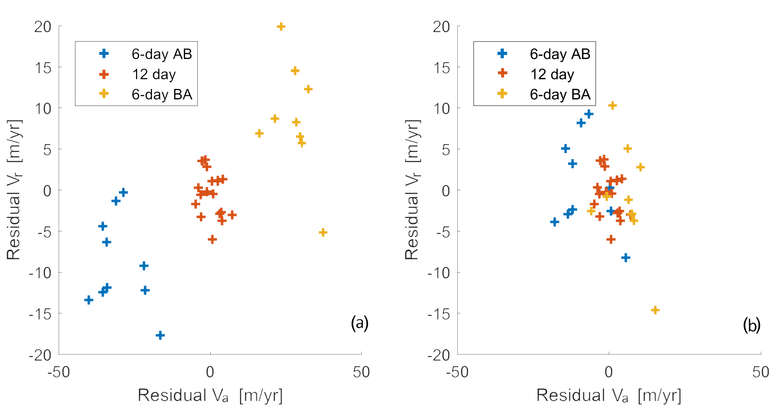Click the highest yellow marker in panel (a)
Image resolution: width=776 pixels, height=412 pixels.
click(x=281, y=26)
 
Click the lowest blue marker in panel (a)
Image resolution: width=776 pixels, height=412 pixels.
click(x=160, y=335)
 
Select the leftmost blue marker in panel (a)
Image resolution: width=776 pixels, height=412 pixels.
click(x=89, y=300)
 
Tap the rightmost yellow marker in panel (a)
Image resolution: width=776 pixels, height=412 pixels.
click(x=323, y=232)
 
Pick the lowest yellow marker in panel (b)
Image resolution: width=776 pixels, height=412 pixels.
click(x=655, y=310)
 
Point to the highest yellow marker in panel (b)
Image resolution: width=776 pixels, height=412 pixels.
click(x=612, y=105)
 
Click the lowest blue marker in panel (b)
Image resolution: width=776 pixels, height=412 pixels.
click(x=626, y=257)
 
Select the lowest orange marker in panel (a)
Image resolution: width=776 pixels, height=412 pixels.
click(x=212, y=239)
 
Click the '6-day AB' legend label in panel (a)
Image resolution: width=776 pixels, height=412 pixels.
click(x=162, y=54)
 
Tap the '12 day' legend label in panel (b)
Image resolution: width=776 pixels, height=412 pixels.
click(x=552, y=74)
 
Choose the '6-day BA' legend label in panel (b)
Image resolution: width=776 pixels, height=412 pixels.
click(x=560, y=94)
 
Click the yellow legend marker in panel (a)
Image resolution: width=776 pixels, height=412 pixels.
click(x=104, y=94)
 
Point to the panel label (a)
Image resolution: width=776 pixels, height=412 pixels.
click(x=359, y=323)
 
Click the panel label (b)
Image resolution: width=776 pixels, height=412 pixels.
click(x=752, y=325)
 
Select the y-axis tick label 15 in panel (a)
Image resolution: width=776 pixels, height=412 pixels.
click(x=43, y=68)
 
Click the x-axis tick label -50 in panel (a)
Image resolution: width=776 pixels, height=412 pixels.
click(x=59, y=372)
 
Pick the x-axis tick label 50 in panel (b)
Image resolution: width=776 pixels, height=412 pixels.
click(x=760, y=372)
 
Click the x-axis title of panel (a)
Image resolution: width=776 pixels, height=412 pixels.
click(x=210, y=395)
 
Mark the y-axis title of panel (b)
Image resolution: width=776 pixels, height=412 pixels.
click(x=412, y=189)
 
